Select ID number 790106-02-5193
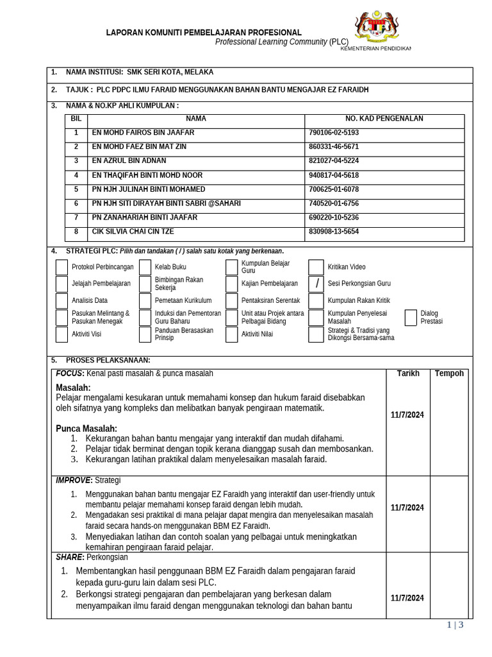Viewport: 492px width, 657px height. tap(333, 133)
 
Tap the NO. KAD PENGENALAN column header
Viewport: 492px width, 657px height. tap(384, 119)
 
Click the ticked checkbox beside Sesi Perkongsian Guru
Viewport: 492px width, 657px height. tap(316, 284)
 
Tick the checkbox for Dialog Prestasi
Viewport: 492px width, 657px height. tap(411, 317)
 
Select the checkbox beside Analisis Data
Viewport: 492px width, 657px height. tap(61, 300)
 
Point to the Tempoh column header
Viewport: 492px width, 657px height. tap(449, 373)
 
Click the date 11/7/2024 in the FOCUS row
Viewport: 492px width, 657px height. tap(407, 415)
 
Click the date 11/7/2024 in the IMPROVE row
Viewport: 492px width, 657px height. tap(407, 508)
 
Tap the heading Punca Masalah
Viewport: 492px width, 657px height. tap(86, 429)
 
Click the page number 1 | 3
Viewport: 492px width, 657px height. tap(454, 626)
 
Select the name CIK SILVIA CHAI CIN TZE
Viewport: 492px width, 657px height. tap(133, 232)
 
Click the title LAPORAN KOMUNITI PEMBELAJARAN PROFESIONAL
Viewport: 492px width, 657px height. tap(203, 33)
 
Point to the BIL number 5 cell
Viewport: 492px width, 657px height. tap(76, 189)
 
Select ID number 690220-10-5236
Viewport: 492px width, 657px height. tap(333, 218)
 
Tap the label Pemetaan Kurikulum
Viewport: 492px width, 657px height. tap(183, 300)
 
